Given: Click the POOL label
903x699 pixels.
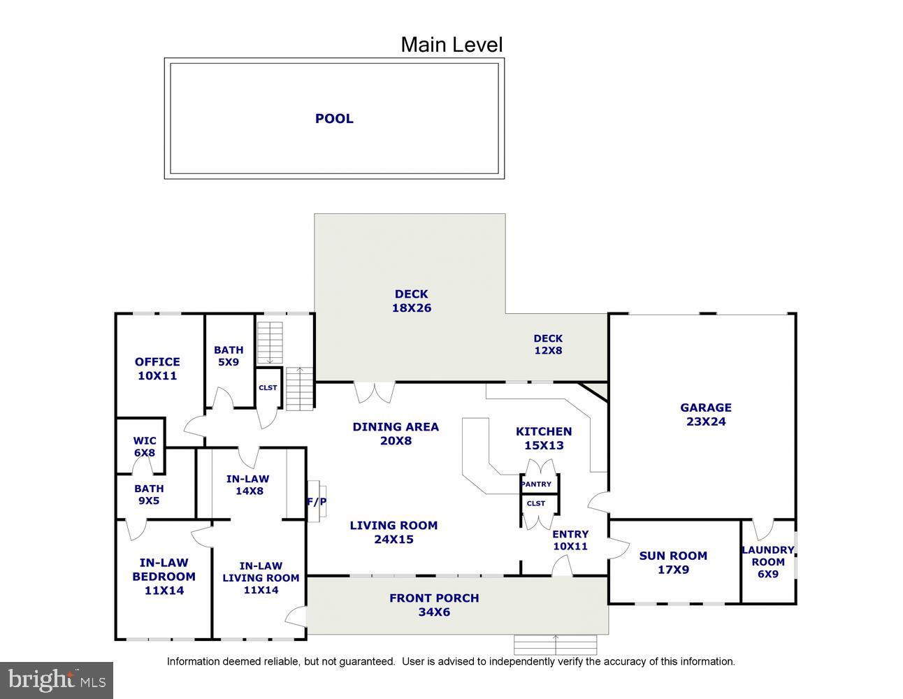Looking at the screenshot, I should (x=334, y=119).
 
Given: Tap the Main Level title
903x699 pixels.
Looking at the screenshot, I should (x=451, y=45).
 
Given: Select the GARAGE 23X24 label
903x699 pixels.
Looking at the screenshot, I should (x=706, y=415).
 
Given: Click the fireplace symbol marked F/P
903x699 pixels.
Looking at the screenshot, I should (x=317, y=500).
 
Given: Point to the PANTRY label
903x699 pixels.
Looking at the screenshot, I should (x=537, y=484).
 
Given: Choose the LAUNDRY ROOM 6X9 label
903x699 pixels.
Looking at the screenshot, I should (x=767, y=562).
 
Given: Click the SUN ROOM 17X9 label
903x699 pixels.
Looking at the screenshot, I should (x=673, y=563).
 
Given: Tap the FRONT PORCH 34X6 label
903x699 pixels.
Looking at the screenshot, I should (x=434, y=605).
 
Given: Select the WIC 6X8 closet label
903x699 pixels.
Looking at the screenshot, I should (x=145, y=447).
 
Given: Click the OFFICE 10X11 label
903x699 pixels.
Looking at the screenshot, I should (x=157, y=368).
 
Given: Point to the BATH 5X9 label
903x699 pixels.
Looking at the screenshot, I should (x=229, y=356).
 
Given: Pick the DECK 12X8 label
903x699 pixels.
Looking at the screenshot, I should (x=548, y=345).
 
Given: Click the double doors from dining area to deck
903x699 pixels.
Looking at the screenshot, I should (x=375, y=392).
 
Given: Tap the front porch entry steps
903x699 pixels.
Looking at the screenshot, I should (x=556, y=644).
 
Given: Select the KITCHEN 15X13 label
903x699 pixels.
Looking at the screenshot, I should (x=544, y=438).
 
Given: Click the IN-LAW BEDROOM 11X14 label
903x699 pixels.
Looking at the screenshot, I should (x=164, y=576).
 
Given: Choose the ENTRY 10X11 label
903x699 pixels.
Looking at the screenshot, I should (x=570, y=540).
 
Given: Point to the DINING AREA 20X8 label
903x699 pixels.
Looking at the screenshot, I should (x=396, y=433).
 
